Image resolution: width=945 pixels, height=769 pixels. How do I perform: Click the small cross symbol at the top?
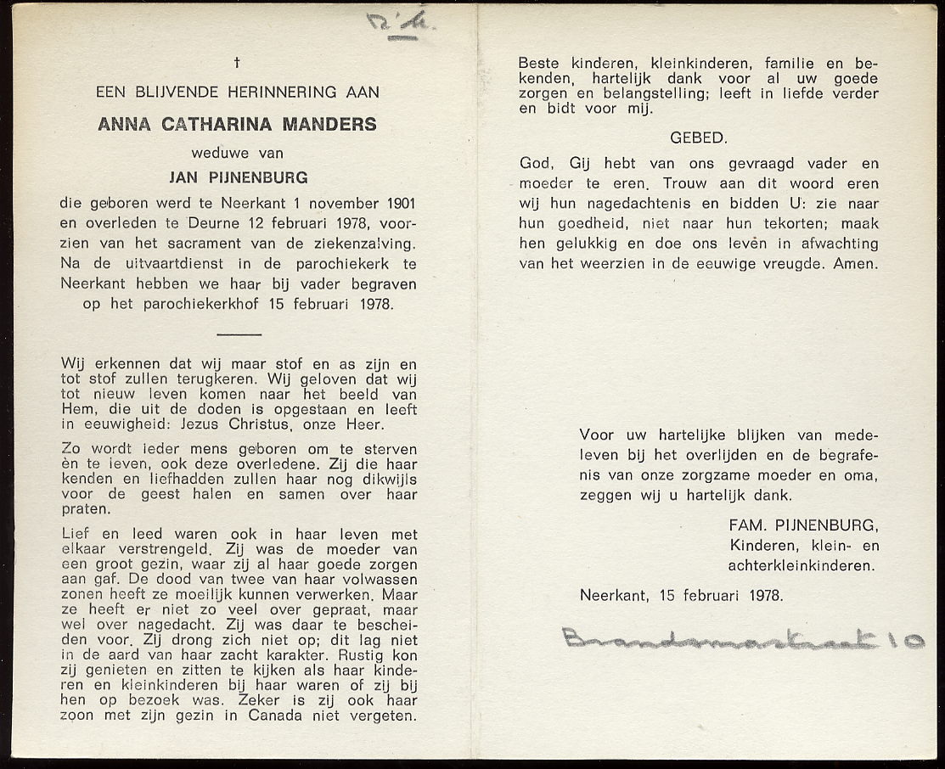[237, 62]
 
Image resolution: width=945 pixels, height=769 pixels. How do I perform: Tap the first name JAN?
[187, 179]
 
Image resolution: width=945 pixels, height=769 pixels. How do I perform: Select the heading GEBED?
[698, 138]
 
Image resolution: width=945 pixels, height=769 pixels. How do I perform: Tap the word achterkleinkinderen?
[801, 565]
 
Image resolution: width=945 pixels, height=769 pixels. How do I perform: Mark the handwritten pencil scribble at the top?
[400, 23]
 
